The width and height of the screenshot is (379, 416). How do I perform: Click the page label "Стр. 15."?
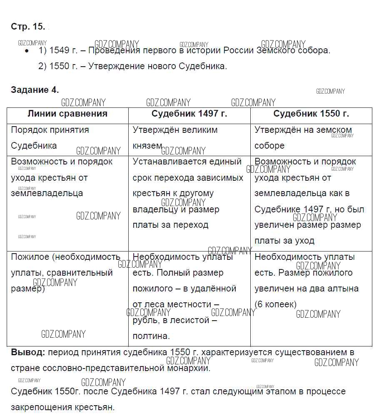coord(28,27)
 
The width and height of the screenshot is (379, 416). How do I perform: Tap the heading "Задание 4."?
coord(35,90)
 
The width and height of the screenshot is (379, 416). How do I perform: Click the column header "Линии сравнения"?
coord(67,114)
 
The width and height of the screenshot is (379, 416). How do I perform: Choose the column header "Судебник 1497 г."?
coord(189,114)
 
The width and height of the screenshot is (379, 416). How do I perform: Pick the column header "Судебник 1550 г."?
coord(311,114)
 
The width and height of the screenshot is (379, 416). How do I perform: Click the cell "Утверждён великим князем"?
coord(175,137)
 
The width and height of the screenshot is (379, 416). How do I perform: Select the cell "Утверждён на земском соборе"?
coord(303,137)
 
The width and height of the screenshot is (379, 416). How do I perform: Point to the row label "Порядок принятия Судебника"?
coord(50,137)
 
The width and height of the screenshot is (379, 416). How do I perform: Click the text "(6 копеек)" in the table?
coord(275,304)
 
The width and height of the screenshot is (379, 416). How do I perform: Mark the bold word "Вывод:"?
coord(28,352)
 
